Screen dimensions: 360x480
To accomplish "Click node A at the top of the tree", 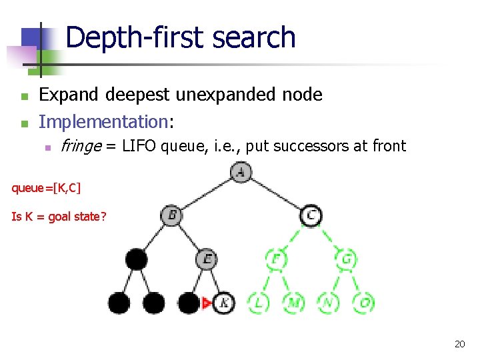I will coord(241,173).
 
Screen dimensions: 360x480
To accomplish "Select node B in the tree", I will coord(171,215).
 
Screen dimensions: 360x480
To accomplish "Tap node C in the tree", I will coord(311,215).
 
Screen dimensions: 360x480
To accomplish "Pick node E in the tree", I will coord(207,259).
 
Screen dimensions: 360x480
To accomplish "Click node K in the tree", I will coord(224,303).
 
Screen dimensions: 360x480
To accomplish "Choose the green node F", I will coord(275,259).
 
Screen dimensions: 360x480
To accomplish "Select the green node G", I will coord(346,259).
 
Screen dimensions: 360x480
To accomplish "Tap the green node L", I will coord(258,303).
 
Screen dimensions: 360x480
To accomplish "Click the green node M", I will coord(293,303).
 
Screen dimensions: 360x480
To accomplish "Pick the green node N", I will coord(328,303).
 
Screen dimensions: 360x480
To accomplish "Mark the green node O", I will coord(363,303).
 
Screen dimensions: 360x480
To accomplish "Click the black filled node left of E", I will coord(136,259).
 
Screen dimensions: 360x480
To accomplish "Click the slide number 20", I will coord(459,344).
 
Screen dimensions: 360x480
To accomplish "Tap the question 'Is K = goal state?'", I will coord(59,216).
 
